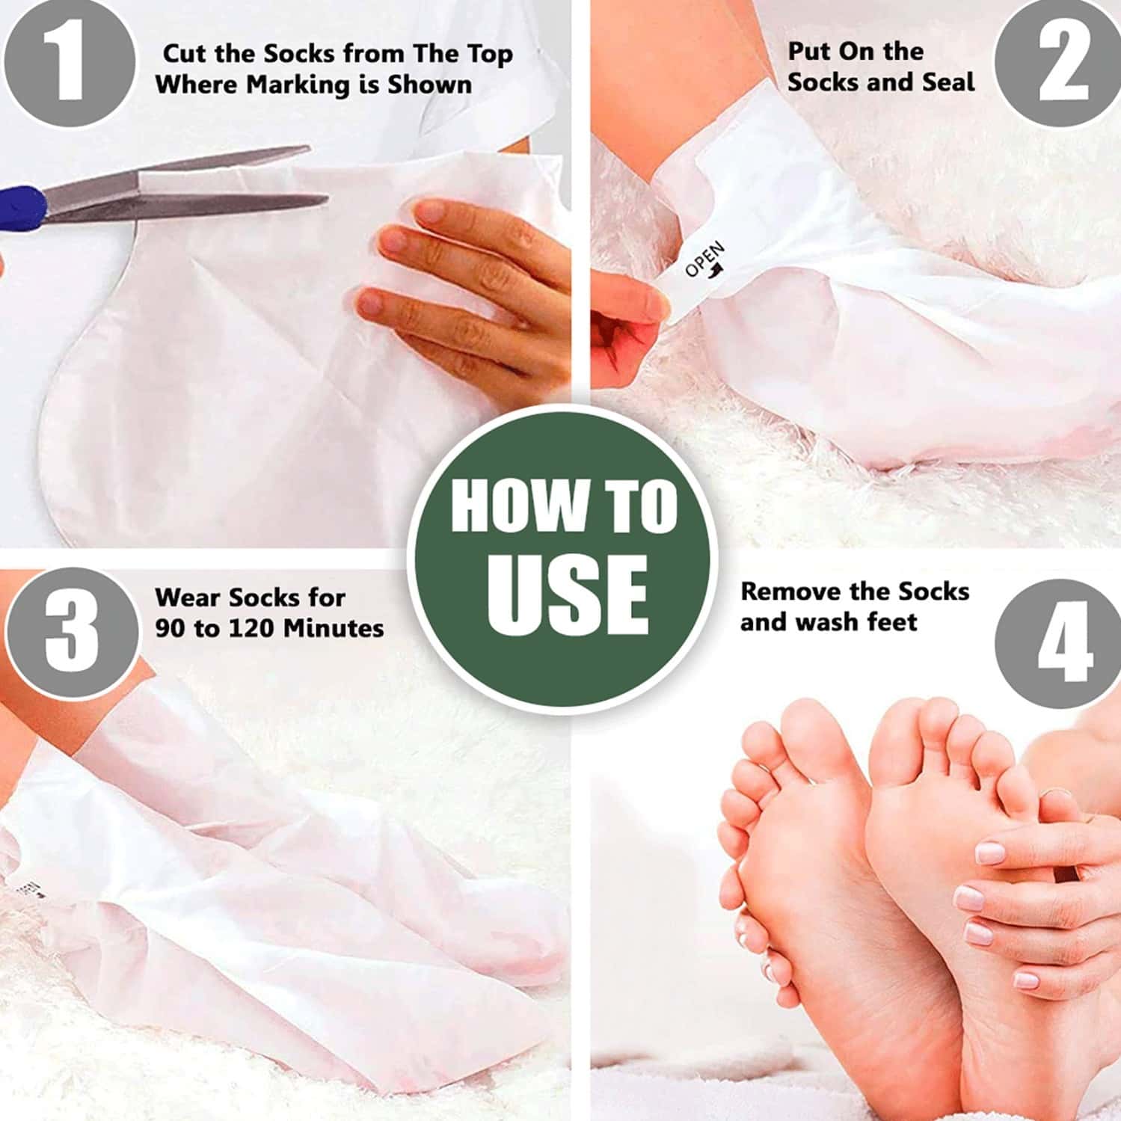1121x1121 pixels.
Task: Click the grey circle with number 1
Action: (69, 61)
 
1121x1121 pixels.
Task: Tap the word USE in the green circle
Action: (566, 596)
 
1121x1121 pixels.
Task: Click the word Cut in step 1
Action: (184, 54)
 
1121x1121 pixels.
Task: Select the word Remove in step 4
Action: (793, 592)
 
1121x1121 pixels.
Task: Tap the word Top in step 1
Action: (490, 54)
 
